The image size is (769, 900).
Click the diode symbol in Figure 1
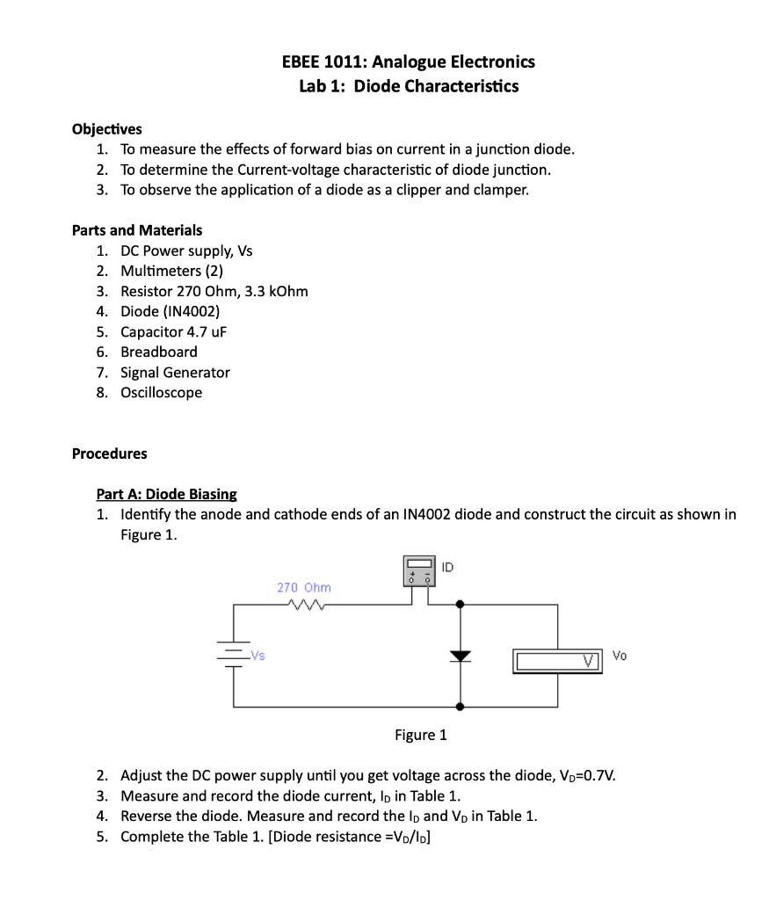pos(460,656)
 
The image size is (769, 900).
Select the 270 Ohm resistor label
pos(303,586)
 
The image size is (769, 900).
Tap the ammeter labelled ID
pos(419,571)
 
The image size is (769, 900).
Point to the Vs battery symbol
pos(234,656)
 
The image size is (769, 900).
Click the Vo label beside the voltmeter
pos(620,656)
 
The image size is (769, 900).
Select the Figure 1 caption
pos(420,735)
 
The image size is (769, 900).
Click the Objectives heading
pos(106,129)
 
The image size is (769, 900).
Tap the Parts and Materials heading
pos(136,230)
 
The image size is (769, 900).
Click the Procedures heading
pos(109,454)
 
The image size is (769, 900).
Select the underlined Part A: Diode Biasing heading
pos(166,494)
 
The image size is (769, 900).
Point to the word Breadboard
pos(159,352)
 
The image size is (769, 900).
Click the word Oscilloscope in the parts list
pos(161,392)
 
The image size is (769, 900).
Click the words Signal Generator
pos(175,372)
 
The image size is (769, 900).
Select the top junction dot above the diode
pos(460,605)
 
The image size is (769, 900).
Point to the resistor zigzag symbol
pos(302,604)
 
